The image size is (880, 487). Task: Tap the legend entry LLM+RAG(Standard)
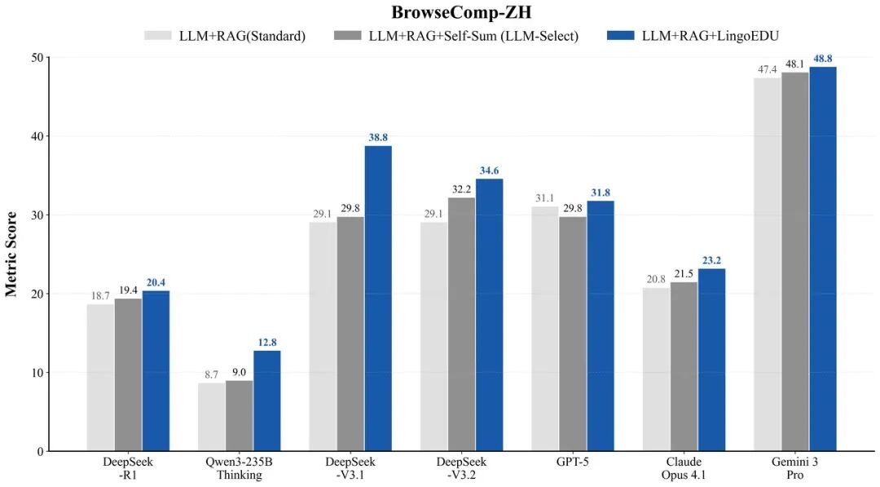(236, 37)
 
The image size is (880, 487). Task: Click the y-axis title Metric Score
(11, 255)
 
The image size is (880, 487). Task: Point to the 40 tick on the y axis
(36, 136)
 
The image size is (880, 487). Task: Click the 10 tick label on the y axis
(36, 373)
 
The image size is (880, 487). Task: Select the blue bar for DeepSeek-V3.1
(378, 298)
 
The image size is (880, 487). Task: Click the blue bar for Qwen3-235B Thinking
(266, 401)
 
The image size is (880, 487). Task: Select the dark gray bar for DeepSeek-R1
(128, 374)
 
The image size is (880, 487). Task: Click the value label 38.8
(377, 139)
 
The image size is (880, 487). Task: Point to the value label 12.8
(266, 343)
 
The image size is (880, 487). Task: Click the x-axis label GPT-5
(572, 462)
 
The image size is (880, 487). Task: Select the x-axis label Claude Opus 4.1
(683, 468)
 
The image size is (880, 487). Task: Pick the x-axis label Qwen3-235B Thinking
(239, 468)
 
